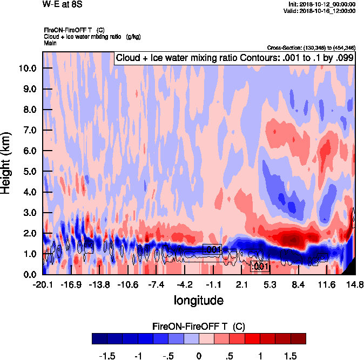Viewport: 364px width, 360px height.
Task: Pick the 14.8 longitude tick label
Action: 354,284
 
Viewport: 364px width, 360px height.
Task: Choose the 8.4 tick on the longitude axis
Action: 299,284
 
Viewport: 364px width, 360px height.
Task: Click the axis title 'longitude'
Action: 198,300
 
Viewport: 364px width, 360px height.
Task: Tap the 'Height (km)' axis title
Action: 7,162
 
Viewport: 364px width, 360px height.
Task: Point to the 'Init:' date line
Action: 322,4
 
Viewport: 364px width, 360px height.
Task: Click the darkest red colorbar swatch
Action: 298,338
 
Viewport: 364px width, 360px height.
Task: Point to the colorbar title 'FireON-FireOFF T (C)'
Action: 199,327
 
